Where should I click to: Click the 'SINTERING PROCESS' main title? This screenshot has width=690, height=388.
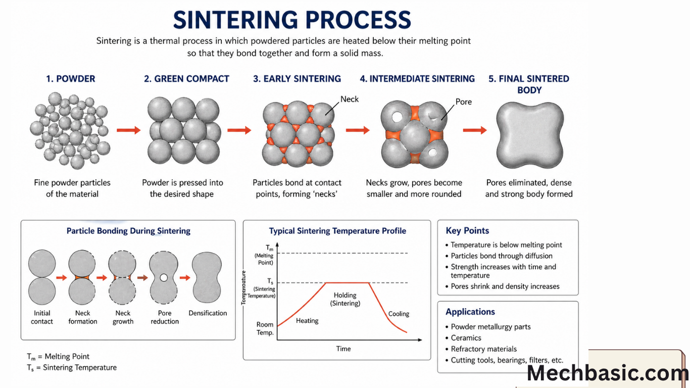point(292,20)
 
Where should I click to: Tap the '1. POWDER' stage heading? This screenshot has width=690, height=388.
point(71,79)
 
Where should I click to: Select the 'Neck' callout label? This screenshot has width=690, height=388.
point(349,99)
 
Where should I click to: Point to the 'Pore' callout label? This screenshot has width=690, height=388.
point(463,102)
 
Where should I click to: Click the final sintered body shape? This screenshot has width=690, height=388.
point(529,131)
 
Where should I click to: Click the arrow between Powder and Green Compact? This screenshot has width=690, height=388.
point(128,130)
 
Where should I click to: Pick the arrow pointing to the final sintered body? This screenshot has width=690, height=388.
point(475,130)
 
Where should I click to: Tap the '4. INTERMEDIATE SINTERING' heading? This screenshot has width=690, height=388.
point(417,79)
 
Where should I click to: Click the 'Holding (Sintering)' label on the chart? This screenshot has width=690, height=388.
point(345,299)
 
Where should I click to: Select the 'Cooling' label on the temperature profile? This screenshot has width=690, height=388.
point(399,314)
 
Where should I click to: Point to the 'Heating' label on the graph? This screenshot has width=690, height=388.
point(307,321)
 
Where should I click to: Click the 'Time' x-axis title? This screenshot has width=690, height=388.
point(343,349)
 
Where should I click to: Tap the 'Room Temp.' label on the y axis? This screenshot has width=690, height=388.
point(265,328)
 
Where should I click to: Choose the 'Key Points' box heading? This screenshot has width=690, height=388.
point(467,231)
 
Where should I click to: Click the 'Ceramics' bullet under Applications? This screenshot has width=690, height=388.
point(466,338)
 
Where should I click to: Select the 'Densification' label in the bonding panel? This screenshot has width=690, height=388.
point(208,313)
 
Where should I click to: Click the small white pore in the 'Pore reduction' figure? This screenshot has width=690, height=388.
point(163,277)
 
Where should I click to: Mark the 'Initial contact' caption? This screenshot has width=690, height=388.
point(42,317)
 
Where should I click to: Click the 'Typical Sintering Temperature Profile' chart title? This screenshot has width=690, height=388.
point(337,231)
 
